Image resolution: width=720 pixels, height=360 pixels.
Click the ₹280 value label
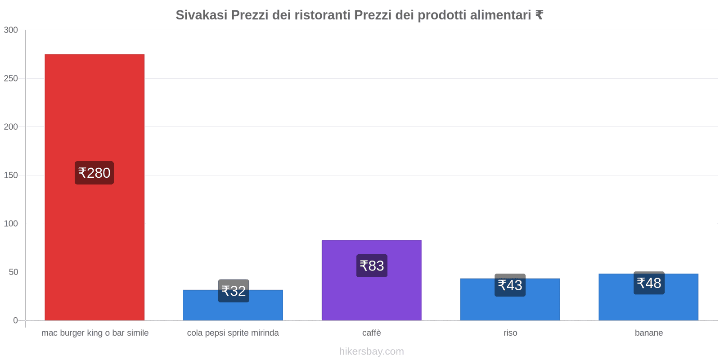tap(94, 173)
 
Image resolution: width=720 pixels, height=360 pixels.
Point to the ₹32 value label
tap(234, 291)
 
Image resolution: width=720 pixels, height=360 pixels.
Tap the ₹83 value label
tap(372, 265)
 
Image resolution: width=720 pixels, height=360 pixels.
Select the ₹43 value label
tap(510, 285)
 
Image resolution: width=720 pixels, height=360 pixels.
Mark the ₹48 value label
tap(649, 283)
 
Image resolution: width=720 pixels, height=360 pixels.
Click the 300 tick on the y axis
tap(11, 30)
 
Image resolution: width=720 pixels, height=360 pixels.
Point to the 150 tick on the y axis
tap(11, 175)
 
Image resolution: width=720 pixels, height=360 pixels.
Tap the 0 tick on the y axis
tap(15, 320)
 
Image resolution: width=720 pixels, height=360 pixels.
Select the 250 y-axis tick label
tap(11, 79)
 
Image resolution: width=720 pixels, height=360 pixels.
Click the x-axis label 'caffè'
tap(372, 333)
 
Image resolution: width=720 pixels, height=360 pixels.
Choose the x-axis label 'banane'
tap(648, 333)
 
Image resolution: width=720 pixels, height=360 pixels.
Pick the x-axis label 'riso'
tap(510, 333)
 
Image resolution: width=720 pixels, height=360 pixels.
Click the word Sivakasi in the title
tap(201, 15)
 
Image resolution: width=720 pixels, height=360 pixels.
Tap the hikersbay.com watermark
tap(372, 351)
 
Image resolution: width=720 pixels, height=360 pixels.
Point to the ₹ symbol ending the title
tap(539, 15)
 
